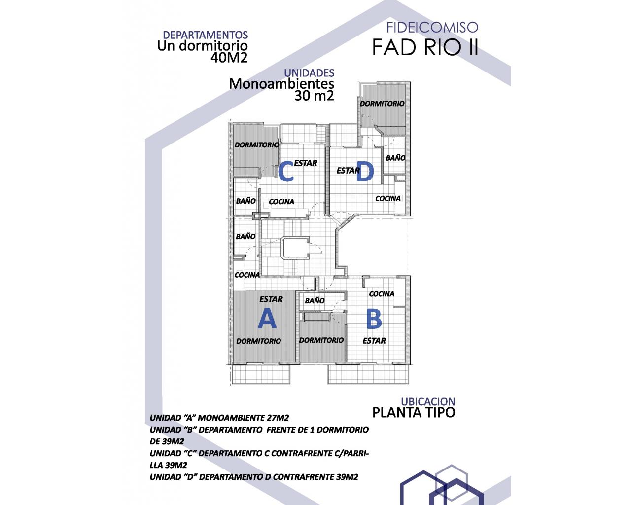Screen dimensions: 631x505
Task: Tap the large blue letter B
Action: [374, 319]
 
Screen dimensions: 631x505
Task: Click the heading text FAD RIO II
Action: [425, 47]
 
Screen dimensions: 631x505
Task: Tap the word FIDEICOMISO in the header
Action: [432, 27]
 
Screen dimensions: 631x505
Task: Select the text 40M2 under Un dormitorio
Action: [229, 58]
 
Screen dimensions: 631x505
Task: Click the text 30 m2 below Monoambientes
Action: [314, 96]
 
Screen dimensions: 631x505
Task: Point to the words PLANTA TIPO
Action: [414, 412]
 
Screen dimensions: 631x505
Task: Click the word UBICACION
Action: [428, 401]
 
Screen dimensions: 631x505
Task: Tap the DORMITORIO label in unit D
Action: [382, 104]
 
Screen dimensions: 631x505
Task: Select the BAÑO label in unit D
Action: [395, 158]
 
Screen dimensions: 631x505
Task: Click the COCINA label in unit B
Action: [382, 294]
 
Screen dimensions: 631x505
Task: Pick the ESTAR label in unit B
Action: [374, 341]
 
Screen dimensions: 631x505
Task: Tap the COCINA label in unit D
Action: [388, 198]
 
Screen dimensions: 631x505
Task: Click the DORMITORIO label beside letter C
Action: [256, 145]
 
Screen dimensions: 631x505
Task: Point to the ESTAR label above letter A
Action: [271, 299]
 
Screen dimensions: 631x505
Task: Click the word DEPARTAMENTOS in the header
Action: [205, 35]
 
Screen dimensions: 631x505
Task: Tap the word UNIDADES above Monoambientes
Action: [309, 73]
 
